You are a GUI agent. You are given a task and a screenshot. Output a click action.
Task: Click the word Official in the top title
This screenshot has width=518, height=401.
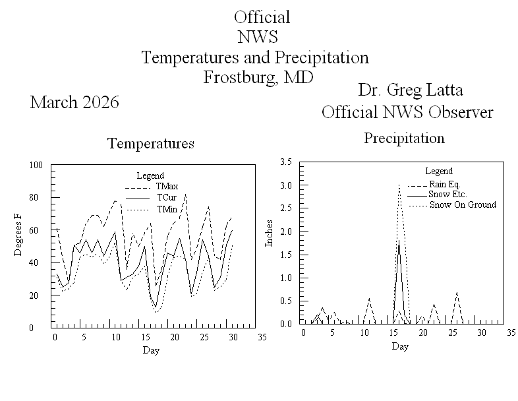[262, 17]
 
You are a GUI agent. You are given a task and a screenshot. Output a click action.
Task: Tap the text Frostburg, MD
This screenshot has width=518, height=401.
[257, 77]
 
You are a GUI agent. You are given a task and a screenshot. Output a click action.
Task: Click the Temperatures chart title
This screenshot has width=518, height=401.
[151, 143]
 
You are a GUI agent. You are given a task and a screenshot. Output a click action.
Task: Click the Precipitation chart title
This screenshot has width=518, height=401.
[404, 139]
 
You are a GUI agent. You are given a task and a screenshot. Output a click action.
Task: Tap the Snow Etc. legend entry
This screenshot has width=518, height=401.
[448, 195]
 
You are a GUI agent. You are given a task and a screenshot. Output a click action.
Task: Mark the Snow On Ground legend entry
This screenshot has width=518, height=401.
[463, 205]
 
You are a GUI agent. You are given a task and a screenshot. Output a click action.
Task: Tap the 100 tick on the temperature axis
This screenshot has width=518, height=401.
[36, 165]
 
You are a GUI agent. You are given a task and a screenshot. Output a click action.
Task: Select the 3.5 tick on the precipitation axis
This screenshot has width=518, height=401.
[286, 162]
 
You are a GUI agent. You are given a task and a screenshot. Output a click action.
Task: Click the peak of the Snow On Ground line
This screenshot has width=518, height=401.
[399, 185]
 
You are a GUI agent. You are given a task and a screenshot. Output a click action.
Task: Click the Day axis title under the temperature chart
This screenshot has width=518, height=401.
[151, 350]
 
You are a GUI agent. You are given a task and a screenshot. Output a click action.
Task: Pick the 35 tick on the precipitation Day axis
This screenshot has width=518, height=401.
[510, 333]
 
